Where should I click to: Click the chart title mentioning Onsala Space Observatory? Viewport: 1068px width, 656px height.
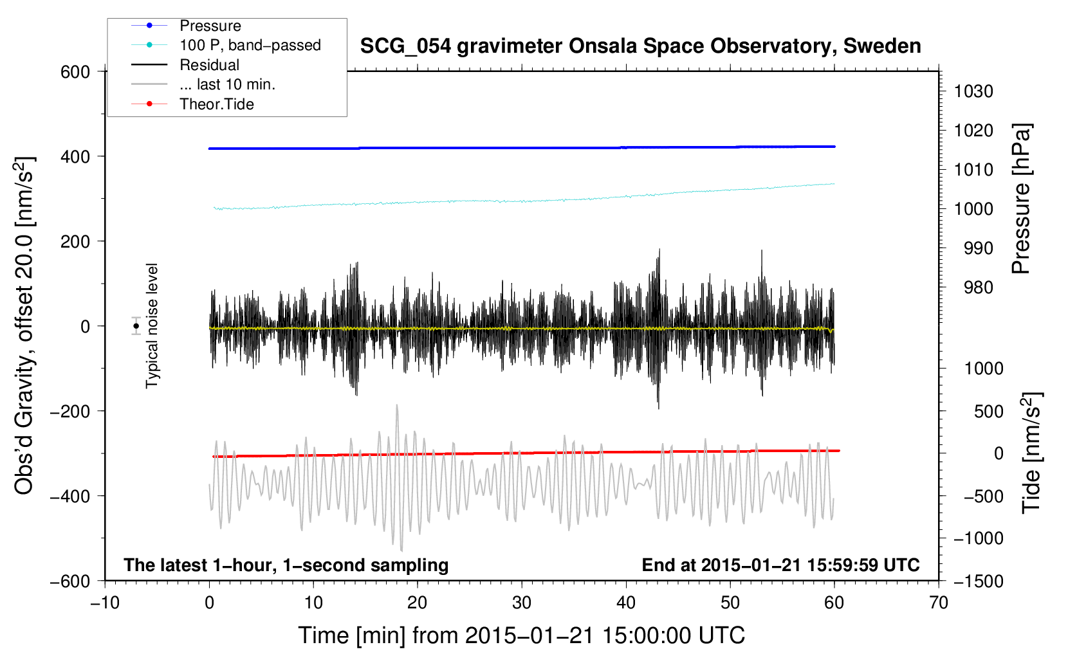(640, 46)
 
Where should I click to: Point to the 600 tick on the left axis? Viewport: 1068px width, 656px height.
(75, 73)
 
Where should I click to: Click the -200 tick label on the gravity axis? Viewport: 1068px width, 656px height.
(69, 411)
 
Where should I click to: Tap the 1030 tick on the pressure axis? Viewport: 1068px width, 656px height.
(973, 91)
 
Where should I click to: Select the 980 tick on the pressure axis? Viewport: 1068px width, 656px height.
(979, 287)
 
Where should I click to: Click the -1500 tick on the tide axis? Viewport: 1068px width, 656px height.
(979, 581)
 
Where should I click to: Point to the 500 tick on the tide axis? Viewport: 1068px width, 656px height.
(988, 412)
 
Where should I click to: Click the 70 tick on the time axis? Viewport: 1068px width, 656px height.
(938, 603)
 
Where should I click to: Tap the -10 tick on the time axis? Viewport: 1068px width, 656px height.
(105, 603)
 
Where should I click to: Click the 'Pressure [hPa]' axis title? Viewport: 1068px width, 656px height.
(1021, 199)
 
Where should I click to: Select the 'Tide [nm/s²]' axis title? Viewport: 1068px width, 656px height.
(1031, 453)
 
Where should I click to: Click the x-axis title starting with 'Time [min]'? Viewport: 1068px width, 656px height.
(521, 635)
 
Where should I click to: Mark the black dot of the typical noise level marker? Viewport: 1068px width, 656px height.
(136, 326)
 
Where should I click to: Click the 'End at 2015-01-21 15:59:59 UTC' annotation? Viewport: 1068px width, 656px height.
(780, 565)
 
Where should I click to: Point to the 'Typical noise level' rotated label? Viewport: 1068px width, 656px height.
(152, 326)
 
